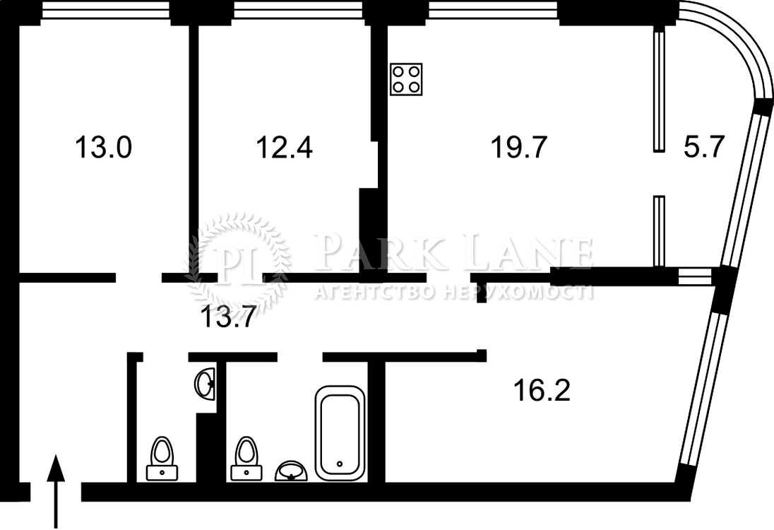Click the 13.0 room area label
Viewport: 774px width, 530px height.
(x=103, y=147)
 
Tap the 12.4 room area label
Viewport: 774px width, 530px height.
(x=285, y=147)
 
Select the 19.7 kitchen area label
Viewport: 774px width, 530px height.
(x=519, y=147)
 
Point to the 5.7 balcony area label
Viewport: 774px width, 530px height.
(x=703, y=147)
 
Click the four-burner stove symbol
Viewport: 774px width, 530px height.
(x=406, y=79)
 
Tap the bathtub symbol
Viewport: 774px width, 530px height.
(x=340, y=433)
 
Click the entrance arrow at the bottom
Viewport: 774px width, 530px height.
(x=55, y=491)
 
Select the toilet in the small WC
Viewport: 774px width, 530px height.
(x=162, y=459)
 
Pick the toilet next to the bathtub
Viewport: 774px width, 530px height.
(x=246, y=459)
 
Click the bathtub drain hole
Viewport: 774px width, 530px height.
(x=340, y=464)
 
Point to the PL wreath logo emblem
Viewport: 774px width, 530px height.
(x=239, y=264)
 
